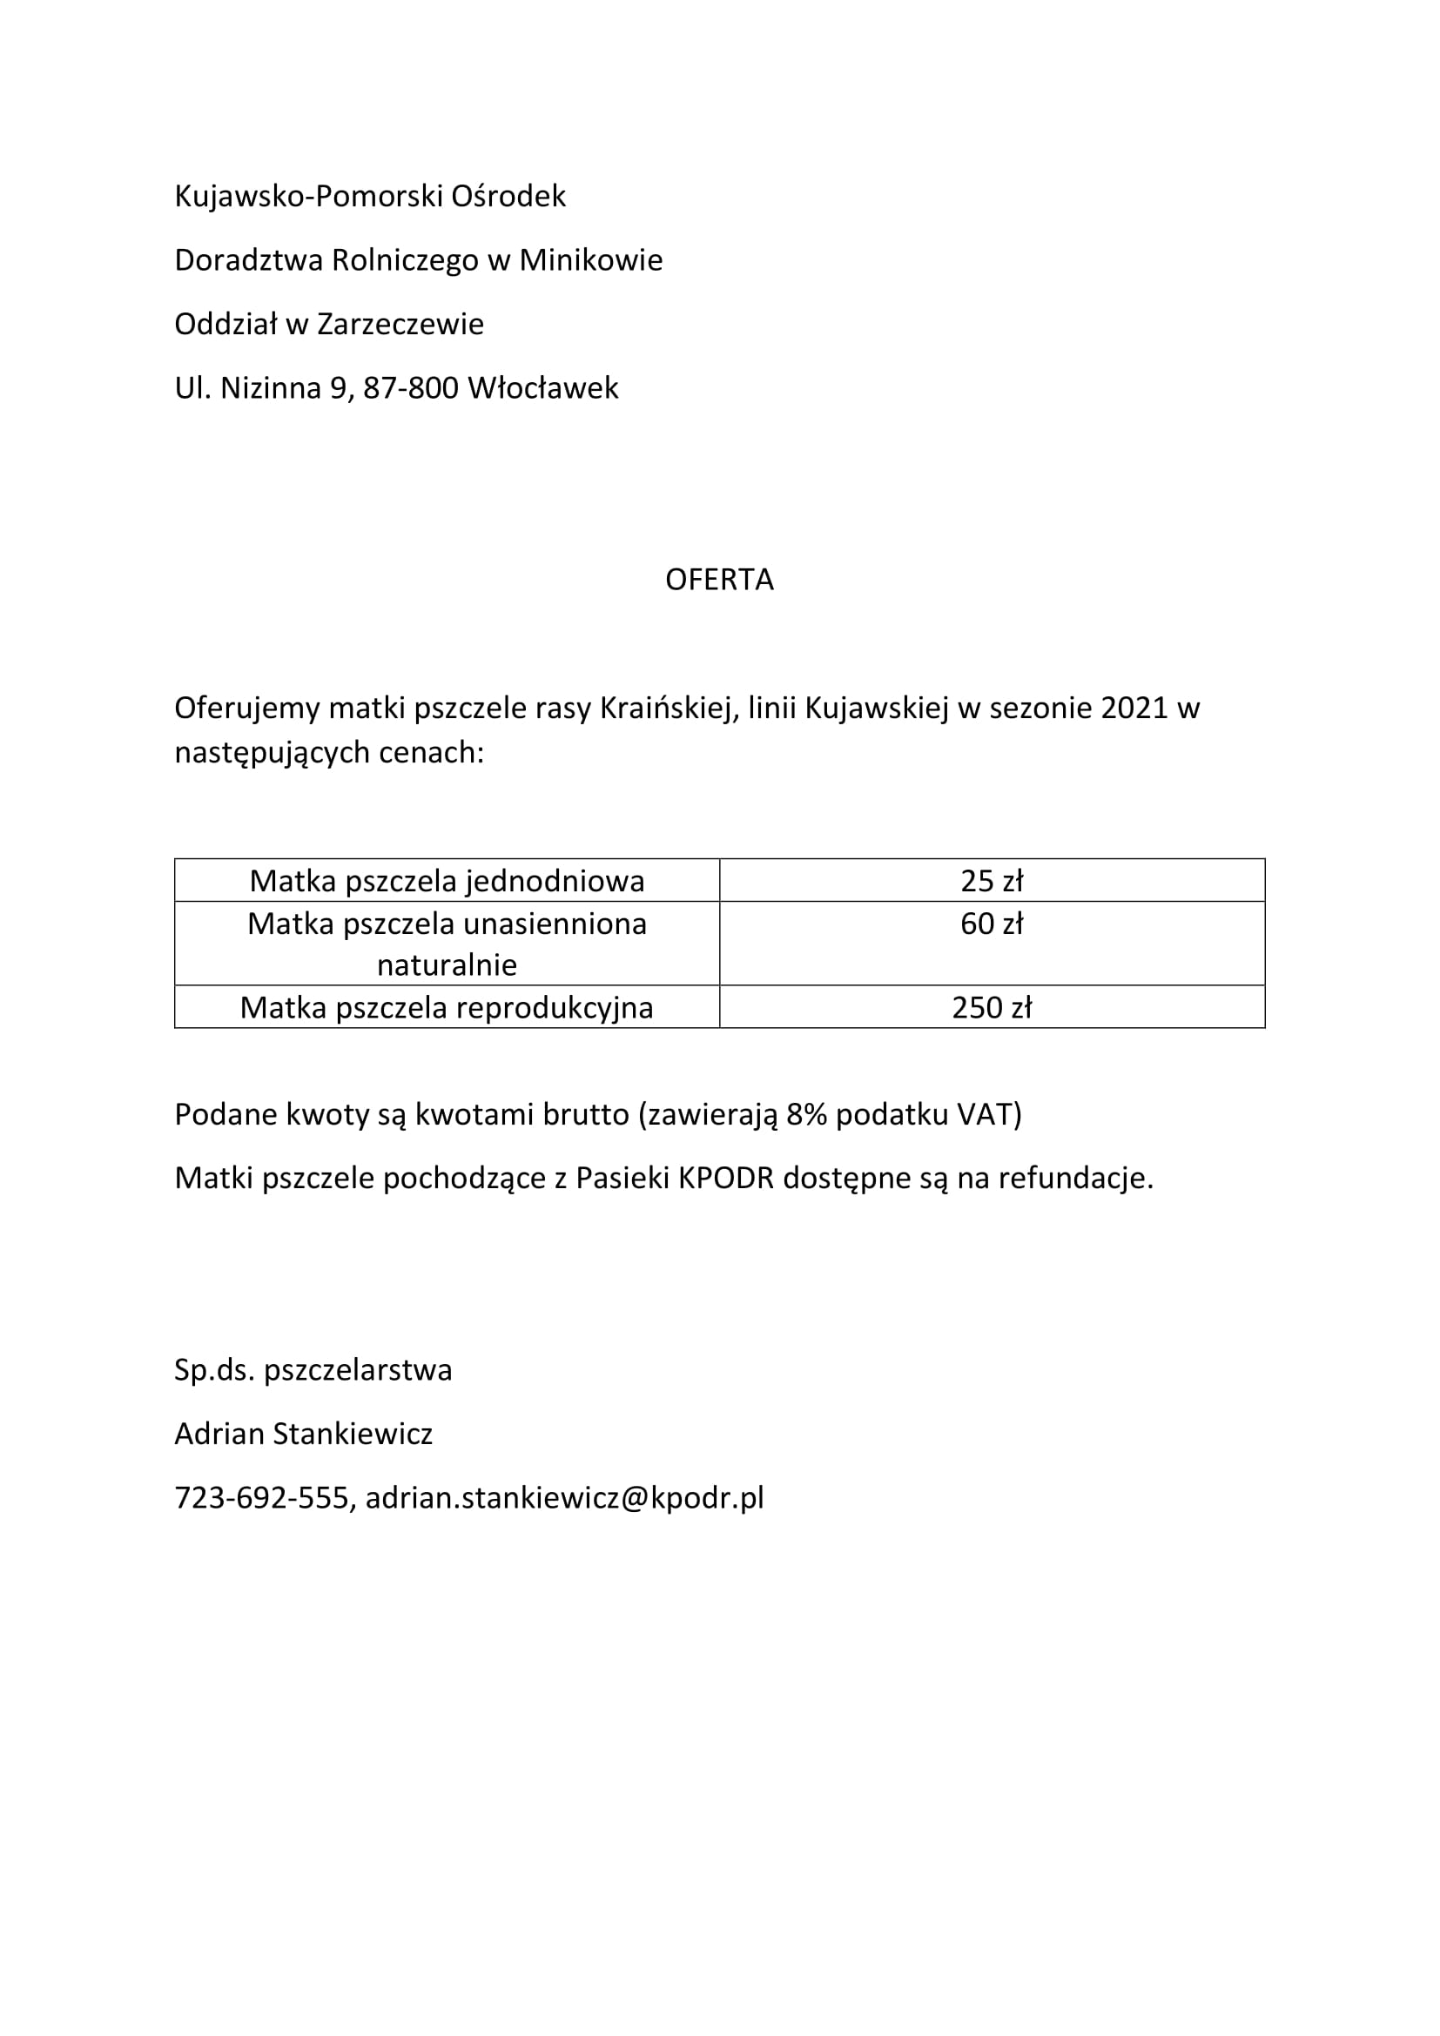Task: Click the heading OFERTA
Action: tap(719, 579)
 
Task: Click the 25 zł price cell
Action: tap(992, 881)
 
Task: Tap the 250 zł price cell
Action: tap(992, 1007)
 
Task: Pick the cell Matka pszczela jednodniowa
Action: tap(447, 881)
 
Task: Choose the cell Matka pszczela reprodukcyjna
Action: tap(447, 1007)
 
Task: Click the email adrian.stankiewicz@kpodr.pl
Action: tap(565, 1497)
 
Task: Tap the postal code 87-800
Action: tap(411, 387)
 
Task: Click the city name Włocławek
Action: tap(542, 387)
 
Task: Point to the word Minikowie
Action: tap(590, 259)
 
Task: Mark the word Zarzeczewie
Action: tap(400, 324)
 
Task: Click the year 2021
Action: tap(1135, 708)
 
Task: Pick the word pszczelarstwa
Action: tap(358, 1370)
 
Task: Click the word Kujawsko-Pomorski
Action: tap(307, 196)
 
